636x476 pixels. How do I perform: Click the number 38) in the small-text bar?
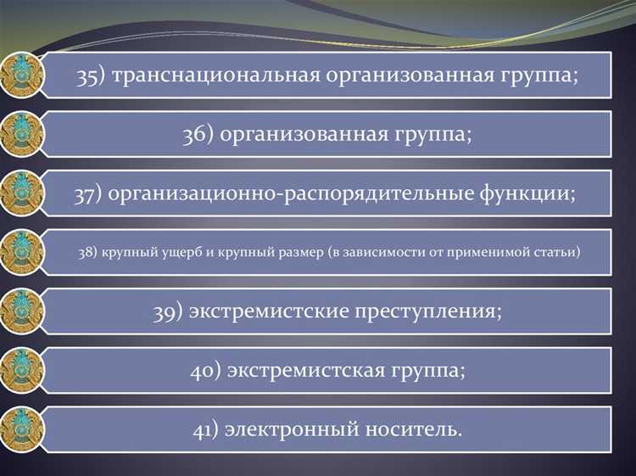point(88,252)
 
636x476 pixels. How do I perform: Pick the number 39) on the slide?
point(169,311)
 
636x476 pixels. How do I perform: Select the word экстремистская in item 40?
point(304,370)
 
